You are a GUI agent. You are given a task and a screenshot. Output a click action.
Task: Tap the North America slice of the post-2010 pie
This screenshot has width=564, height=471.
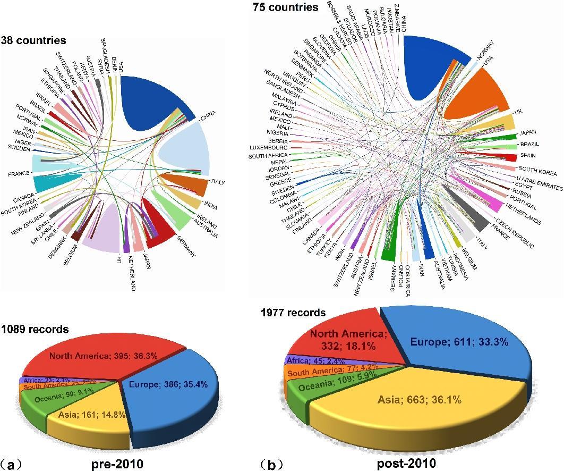[x=345, y=340]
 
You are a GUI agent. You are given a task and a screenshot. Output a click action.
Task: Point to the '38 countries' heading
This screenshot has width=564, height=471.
[x=33, y=40]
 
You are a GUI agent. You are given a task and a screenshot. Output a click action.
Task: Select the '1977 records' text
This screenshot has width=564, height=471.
[x=293, y=312]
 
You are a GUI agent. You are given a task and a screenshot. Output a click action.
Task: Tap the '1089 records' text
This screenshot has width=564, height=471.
[x=35, y=329]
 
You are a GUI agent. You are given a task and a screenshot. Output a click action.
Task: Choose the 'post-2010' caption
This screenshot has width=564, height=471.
[x=406, y=464]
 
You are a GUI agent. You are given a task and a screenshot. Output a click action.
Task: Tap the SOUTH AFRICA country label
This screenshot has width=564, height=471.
[x=268, y=156]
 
